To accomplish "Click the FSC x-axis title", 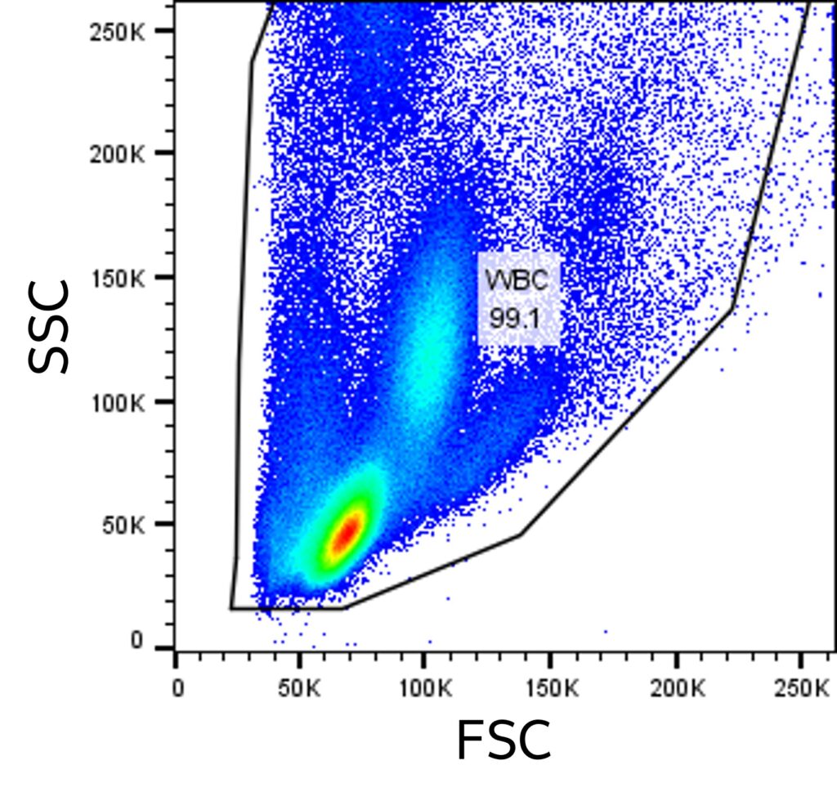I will point(503,740).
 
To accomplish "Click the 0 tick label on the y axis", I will point(137,642).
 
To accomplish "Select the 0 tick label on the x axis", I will point(177,688).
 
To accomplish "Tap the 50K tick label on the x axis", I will point(299,688).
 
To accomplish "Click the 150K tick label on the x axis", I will point(549,688).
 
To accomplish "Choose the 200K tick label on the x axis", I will point(674,688).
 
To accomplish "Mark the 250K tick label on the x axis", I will point(800,688).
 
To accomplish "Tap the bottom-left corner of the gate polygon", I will point(231,608).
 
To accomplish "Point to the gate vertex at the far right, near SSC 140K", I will point(732,308).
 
